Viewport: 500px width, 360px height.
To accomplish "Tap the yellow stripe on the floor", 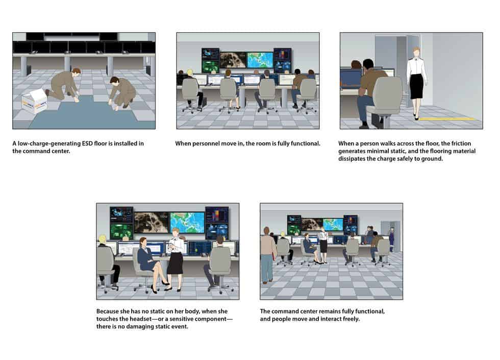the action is [x=446, y=119].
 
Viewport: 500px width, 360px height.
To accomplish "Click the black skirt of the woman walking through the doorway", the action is [x=416, y=86].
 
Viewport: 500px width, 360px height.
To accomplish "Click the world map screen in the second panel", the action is [x=260, y=60].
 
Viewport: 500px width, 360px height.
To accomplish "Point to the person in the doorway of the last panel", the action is [x=391, y=239].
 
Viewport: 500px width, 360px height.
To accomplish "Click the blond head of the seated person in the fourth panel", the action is [x=103, y=239].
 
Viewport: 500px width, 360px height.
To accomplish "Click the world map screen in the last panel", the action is [x=333, y=224].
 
